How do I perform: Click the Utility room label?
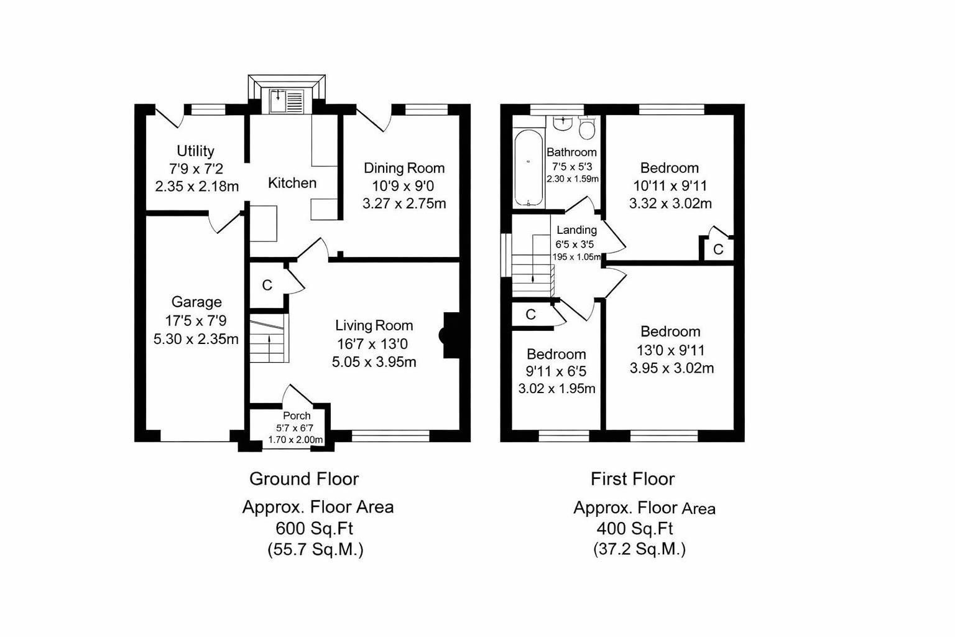(195, 151)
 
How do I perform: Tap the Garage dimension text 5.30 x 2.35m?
(196, 339)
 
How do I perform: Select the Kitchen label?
(292, 183)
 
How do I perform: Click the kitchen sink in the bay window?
(287, 101)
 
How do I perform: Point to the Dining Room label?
(404, 168)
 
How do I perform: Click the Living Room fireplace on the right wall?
(449, 335)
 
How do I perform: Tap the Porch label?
(297, 416)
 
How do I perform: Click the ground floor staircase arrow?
(269, 340)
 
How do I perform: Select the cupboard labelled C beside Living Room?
(267, 286)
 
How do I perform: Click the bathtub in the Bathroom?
(528, 167)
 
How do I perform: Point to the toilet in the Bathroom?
(587, 128)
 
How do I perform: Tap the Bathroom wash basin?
(563, 123)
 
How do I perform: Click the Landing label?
(576, 230)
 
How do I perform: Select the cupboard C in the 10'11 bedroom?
(718, 249)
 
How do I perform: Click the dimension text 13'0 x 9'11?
(671, 350)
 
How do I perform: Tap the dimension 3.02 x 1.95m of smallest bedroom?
(556, 389)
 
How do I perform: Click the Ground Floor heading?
(304, 479)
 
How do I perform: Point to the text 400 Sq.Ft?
(635, 529)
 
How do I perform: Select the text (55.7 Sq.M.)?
(315, 550)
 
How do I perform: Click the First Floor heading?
(632, 479)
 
